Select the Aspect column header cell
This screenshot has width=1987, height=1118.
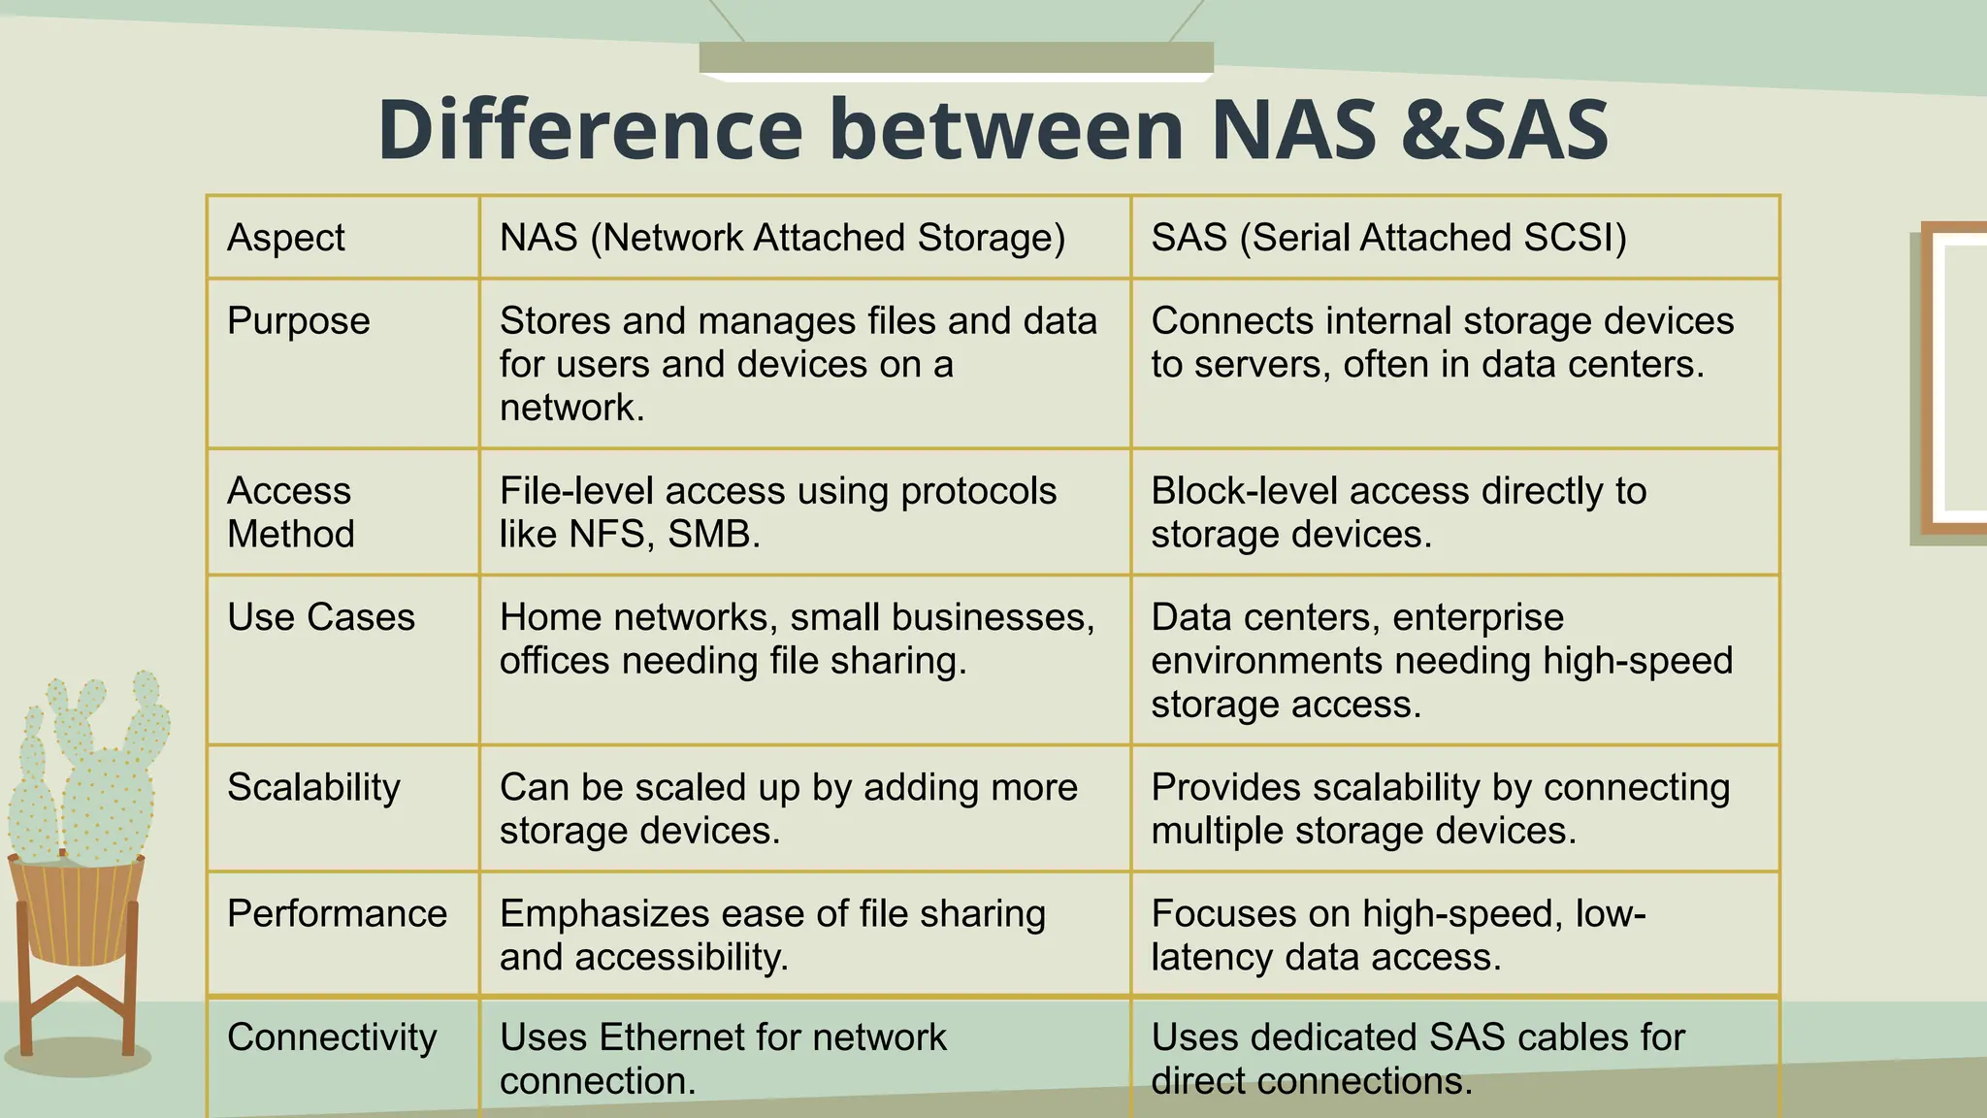pos(286,238)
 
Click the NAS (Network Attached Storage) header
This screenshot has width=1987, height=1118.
pos(782,238)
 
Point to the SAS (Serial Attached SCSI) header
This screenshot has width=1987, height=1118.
pos(1388,238)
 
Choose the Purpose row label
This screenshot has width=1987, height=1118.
pos(299,321)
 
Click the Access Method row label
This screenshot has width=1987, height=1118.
pos(291,512)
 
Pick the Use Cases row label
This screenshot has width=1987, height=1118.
pos(321,617)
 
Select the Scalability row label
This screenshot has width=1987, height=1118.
pos(313,787)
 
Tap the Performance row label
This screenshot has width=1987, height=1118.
pos(337,913)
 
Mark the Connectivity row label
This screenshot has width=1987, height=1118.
pos(332,1037)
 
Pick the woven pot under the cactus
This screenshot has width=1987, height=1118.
pos(76,907)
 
